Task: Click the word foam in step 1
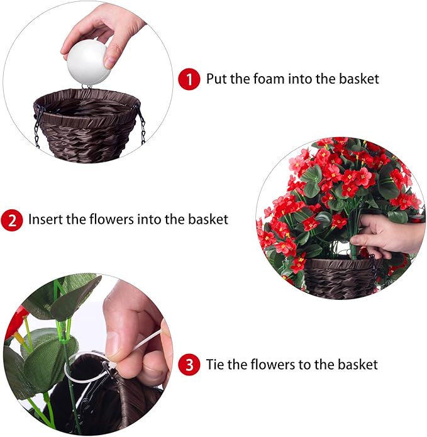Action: click(x=263, y=79)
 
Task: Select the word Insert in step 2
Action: click(x=44, y=220)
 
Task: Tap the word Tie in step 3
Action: click(x=215, y=365)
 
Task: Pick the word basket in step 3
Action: click(x=357, y=365)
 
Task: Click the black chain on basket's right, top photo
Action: click(x=141, y=124)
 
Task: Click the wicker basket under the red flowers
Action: click(x=340, y=277)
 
